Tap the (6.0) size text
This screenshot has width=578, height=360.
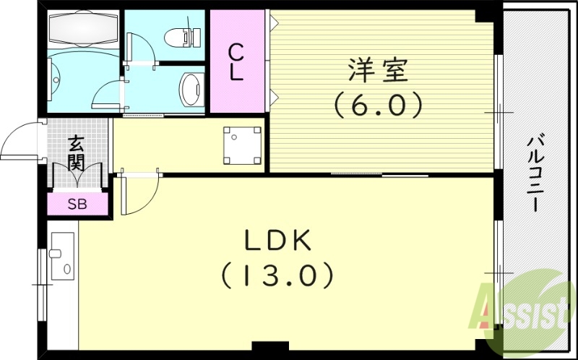click(378, 106)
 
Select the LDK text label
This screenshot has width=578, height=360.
click(277, 240)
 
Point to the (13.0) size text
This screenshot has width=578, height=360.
click(277, 274)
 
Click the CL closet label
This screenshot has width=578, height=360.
click(236, 61)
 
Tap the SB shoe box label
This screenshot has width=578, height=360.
click(77, 204)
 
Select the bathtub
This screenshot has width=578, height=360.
click(81, 30)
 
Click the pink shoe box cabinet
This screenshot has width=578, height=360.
click(77, 204)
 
